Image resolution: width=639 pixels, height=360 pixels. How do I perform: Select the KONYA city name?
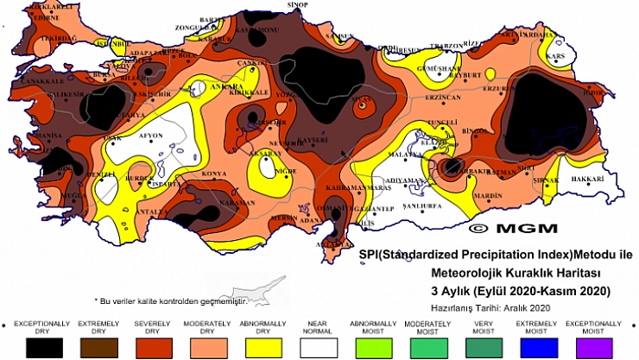tap(213, 174)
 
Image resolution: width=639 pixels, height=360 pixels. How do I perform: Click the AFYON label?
tap(151, 136)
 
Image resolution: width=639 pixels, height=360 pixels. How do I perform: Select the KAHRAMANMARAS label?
tap(356, 187)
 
